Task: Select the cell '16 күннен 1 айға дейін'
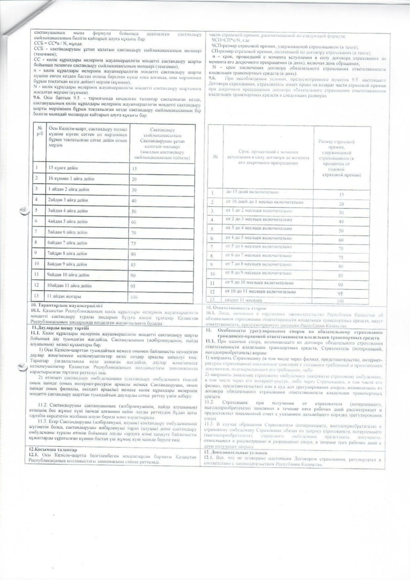point(68,178)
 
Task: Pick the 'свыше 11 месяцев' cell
point(241,300)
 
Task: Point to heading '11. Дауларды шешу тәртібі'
point(61,328)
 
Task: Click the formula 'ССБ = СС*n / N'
point(46,43)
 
